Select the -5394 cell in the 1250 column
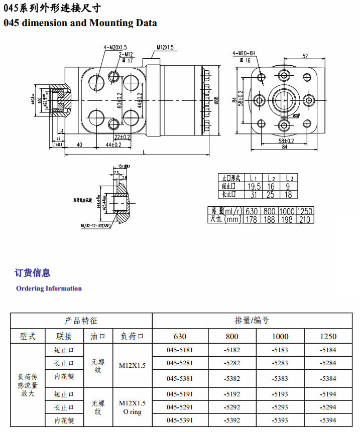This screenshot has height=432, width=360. tap(331, 420)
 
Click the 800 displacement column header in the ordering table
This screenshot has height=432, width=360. tap(232, 336)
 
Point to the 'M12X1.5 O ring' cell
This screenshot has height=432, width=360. tap(132, 407)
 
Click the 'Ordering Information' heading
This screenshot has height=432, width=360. tap(49, 289)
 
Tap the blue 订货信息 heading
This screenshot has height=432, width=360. tap(33, 273)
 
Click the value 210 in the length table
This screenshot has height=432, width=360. tap(304, 219)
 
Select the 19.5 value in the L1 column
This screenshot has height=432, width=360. tap(254, 187)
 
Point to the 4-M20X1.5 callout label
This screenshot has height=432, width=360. tap(116, 48)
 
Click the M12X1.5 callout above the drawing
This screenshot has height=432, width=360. tap(165, 48)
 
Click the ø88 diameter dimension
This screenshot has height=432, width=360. tap(216, 100)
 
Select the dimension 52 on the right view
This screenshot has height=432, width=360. tap(305, 56)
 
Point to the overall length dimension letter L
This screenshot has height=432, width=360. tap(145, 152)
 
